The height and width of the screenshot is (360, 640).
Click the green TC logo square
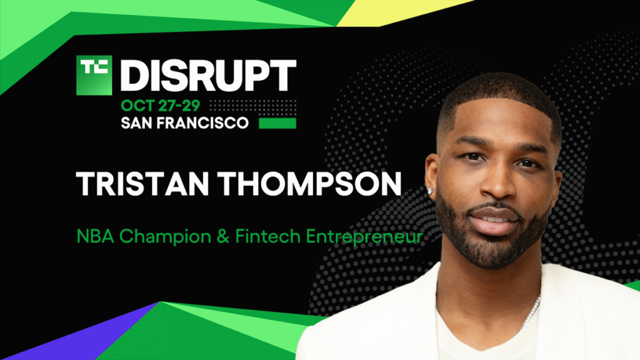coord(94,76)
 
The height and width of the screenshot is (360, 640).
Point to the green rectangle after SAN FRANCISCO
coord(277,123)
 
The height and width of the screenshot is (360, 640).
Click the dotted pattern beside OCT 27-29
coord(250,105)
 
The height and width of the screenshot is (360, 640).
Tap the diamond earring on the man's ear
coord(432,186)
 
